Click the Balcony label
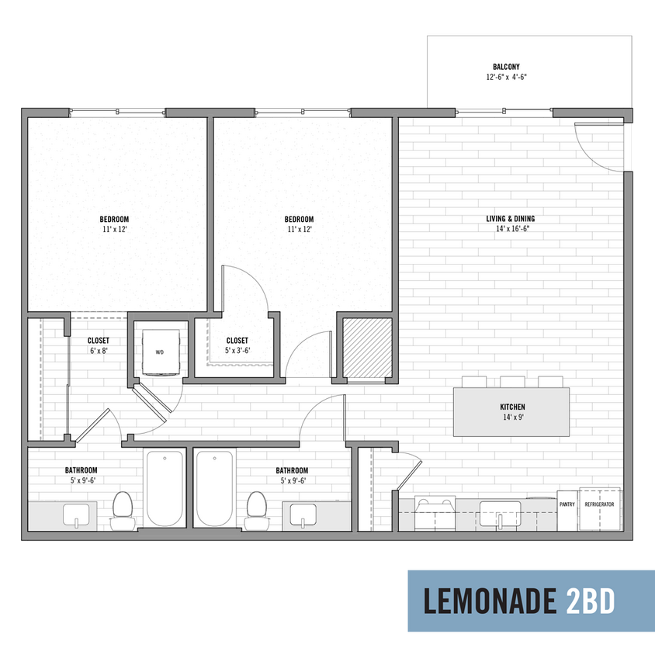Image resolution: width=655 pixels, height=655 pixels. coord(506,67)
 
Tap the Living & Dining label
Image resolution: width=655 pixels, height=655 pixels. coord(511,219)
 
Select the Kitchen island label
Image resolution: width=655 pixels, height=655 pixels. coord(512,407)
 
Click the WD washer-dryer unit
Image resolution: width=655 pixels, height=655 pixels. coord(161,352)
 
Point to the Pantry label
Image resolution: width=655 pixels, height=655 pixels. coord(567,504)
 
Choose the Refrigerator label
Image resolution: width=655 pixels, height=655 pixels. coord(599,504)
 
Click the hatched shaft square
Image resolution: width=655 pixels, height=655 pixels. coord(367,347)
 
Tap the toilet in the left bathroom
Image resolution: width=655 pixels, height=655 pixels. coord(123,511)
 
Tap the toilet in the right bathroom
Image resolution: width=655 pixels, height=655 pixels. coord(257,511)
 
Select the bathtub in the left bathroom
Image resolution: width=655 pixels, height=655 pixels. coord(165,488)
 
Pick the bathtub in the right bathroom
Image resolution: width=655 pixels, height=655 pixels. coord(215,488)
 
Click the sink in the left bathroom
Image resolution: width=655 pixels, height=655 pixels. coord(76,515)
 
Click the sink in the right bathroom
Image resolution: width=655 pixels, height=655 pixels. coord(303,515)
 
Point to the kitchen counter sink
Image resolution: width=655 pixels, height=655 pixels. coord(500,515)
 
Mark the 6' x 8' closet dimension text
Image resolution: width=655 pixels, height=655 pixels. coord(99,351)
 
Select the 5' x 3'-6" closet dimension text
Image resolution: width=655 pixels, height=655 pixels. coord(237,351)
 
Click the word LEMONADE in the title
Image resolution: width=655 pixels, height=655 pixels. coord(490,601)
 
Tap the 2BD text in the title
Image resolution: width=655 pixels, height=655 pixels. coord(591,601)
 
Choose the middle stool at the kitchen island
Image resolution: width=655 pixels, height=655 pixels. coord(512,382)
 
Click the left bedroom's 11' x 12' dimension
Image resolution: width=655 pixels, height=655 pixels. coord(114,230)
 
